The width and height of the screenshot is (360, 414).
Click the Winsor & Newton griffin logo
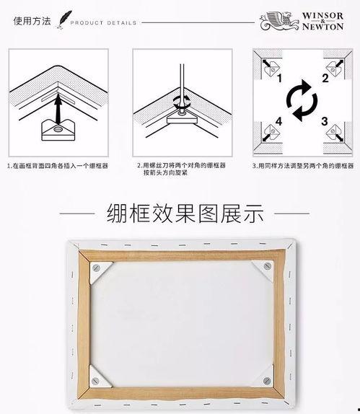(x=276, y=20)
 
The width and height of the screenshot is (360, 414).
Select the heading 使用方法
(x=32, y=21)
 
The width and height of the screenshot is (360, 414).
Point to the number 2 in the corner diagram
(x=325, y=78)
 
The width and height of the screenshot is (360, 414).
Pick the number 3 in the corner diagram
(x=325, y=120)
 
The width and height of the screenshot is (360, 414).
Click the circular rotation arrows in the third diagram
(x=301, y=100)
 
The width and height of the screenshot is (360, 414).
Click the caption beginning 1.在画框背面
(x=58, y=165)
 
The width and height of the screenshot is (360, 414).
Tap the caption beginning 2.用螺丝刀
(x=181, y=169)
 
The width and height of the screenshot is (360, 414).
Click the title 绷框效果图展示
(x=185, y=213)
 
